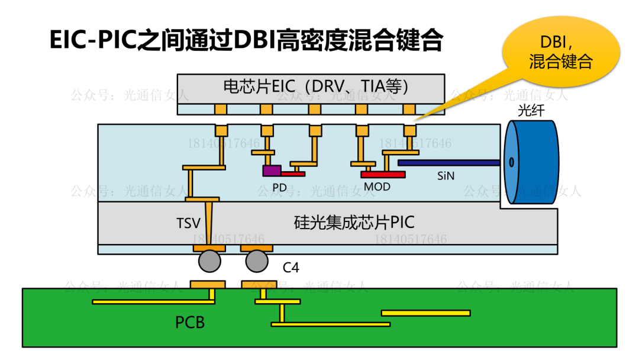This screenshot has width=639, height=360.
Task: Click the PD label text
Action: click(x=280, y=187)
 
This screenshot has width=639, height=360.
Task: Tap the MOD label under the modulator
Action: click(x=377, y=187)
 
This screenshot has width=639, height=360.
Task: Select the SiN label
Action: click(x=447, y=176)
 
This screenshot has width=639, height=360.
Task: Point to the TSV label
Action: click(x=188, y=223)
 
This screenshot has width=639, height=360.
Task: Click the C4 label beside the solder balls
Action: click(x=291, y=268)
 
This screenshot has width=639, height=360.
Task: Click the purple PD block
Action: click(x=272, y=171)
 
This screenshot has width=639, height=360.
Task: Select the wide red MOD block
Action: click(x=383, y=174)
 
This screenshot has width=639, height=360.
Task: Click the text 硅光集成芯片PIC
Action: click(x=354, y=222)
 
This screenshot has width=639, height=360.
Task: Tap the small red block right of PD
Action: click(x=293, y=173)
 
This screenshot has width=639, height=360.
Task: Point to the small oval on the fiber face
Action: click(x=511, y=162)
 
